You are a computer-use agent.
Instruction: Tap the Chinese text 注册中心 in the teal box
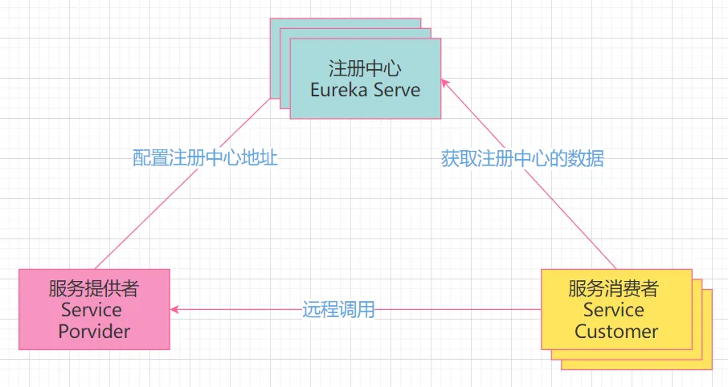[x=365, y=69]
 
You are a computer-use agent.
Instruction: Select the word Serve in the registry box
[x=397, y=90]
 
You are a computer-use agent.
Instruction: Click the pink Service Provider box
[x=94, y=309]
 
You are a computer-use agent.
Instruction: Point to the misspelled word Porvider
[x=94, y=332]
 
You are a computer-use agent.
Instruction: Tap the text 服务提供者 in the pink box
[x=94, y=288]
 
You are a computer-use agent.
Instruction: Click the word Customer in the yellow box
[x=616, y=332]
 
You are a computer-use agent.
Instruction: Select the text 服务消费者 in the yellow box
[x=613, y=288]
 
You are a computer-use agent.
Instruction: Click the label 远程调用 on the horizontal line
[x=338, y=309]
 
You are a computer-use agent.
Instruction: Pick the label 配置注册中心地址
[x=205, y=157]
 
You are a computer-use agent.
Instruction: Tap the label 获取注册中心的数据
[x=522, y=159]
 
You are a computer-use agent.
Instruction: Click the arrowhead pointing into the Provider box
[x=174, y=309]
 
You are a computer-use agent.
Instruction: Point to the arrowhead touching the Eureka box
[x=445, y=83]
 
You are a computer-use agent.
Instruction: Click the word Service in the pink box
[x=92, y=309]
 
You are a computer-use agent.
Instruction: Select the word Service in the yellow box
[x=613, y=309]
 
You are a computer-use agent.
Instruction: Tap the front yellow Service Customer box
[x=616, y=309]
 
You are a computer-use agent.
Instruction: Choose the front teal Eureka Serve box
[x=366, y=79]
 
